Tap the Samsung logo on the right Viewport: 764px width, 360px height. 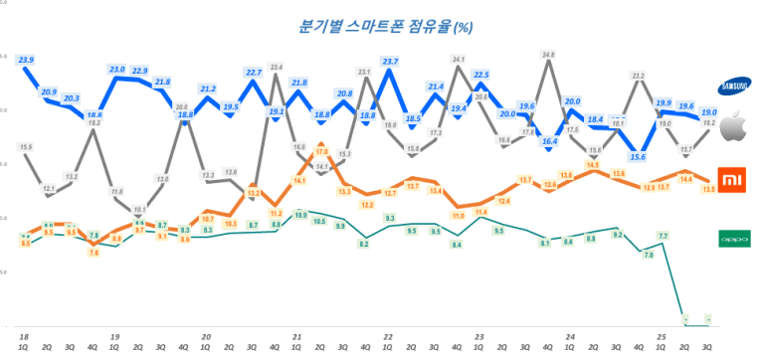tap(734, 87)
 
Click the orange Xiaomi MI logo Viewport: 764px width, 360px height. tap(734, 180)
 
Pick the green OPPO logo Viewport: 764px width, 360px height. tap(734, 239)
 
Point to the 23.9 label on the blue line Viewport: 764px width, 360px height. tap(26, 61)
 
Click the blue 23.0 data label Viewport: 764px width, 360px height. tap(116, 70)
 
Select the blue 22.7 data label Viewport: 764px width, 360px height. tap(254, 73)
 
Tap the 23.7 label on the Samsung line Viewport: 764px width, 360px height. tap(390, 62)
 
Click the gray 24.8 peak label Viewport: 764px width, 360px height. tap(548, 55)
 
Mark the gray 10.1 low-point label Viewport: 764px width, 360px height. tap(139, 210)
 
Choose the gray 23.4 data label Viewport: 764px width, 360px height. tap(277, 68)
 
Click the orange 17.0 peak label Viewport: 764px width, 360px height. tap(321, 152)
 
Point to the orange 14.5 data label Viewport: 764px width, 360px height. tap(593, 164)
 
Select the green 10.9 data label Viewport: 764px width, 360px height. tap(299, 215)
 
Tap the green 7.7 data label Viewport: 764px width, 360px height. tap(662, 236)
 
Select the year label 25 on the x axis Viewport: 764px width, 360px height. tap(661, 337)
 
